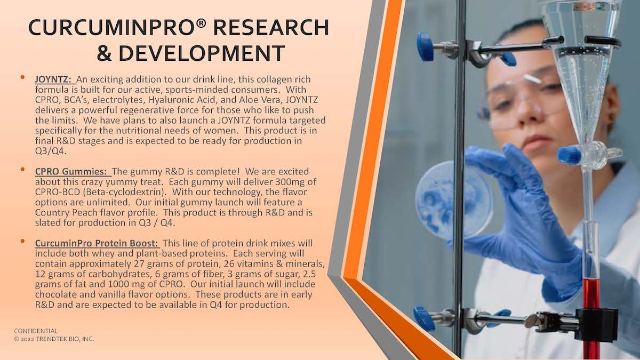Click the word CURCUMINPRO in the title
coord(114,28)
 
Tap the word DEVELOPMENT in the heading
coord(202,53)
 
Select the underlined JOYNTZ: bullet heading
coord(53,79)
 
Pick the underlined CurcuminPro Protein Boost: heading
coord(97,243)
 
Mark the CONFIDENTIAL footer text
coord(36,331)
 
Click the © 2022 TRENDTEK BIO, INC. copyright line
coord(54,339)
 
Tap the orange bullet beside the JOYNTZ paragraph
coord(23,77)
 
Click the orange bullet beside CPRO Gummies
coord(23,170)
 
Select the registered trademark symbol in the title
coord(201,24)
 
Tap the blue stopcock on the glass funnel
coord(569,155)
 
